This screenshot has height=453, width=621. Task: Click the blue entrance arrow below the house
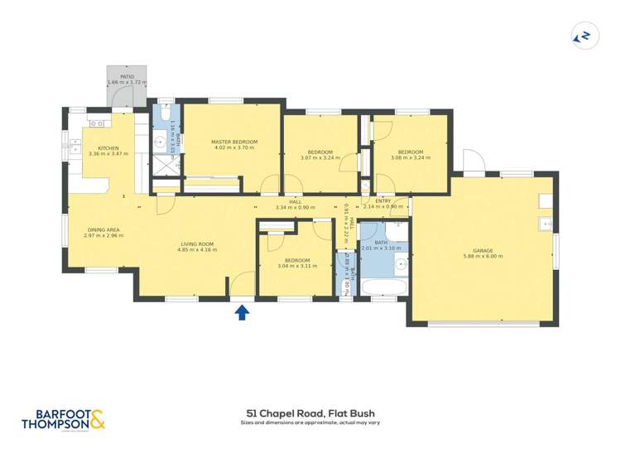tap(242, 311)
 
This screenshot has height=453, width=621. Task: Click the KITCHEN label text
tap(108, 147)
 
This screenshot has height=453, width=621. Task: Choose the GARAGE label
tap(483, 250)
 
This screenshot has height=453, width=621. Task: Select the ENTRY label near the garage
tap(383, 200)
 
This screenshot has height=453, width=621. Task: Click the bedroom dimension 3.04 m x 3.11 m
tap(296, 267)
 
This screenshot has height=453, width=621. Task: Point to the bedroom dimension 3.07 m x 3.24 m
tap(320, 157)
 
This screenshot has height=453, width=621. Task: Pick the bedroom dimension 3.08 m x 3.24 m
tap(410, 157)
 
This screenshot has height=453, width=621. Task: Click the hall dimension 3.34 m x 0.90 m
tap(295, 207)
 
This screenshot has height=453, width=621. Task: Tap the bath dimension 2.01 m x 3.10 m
tap(381, 248)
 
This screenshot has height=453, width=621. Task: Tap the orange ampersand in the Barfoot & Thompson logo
tap(97, 419)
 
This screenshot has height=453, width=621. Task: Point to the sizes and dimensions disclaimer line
tap(310, 422)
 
